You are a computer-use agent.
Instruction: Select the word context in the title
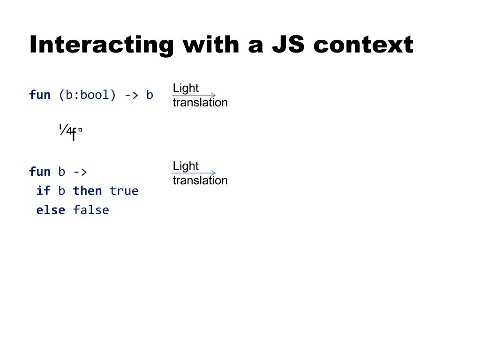coord(363,45)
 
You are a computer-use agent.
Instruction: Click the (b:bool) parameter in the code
coord(87,95)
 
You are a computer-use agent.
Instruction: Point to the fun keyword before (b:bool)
coord(40,95)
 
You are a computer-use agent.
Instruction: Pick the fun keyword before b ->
coord(40,172)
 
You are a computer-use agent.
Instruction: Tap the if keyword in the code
coord(44,191)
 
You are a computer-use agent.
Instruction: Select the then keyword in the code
coord(87,191)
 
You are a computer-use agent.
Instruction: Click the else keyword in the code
coord(51,210)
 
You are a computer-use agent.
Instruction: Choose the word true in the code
coord(124,191)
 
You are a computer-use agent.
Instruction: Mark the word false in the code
coord(91,210)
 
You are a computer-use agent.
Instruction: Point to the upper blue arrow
coord(194,95)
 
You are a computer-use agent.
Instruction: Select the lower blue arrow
coord(194,173)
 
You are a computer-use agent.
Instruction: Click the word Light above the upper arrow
coord(186,88)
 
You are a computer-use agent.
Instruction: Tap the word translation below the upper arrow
coord(200,103)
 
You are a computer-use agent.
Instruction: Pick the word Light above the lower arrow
coord(186,166)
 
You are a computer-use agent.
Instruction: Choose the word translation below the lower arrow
coord(200,180)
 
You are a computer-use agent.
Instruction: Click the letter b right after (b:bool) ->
coord(150,95)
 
